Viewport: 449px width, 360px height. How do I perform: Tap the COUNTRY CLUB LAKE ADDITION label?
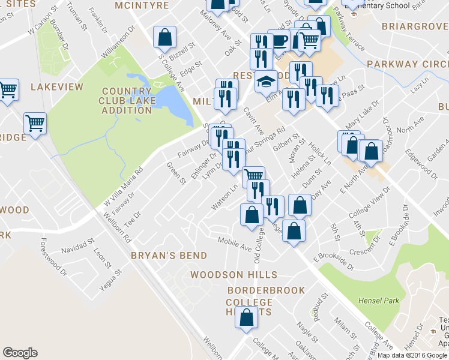126,101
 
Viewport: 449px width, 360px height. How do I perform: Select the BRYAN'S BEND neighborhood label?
169,255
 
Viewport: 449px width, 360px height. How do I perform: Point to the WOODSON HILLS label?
234,275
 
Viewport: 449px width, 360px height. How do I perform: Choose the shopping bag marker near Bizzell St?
164,37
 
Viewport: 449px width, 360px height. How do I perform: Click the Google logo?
20,353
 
